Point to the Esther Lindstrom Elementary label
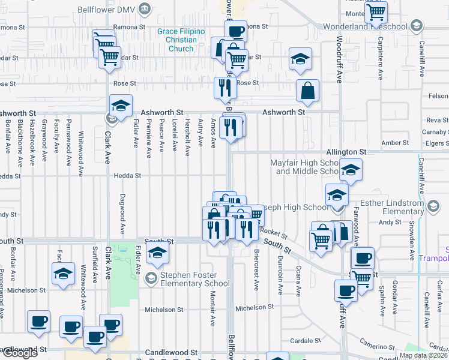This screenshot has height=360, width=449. click(394, 207)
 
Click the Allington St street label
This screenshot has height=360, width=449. click(346, 152)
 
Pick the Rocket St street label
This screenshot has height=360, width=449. click(275, 231)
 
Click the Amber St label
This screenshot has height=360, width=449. click(395, 143)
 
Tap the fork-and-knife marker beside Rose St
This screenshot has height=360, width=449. click(225, 88)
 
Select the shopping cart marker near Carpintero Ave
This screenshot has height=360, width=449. click(376, 12)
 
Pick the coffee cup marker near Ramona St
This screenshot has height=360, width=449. click(235, 31)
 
